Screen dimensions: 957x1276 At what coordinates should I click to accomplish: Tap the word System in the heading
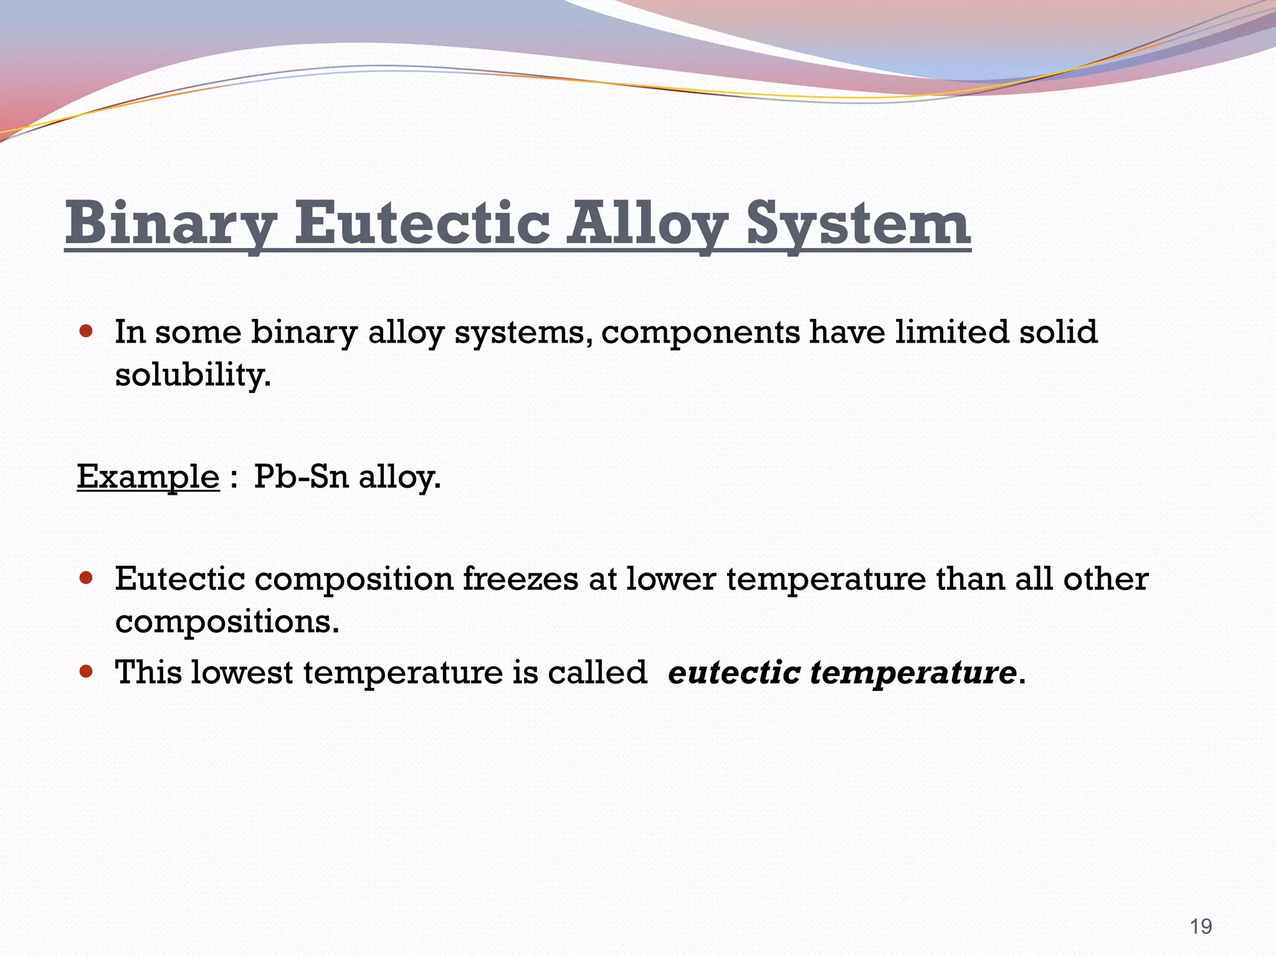pos(858,223)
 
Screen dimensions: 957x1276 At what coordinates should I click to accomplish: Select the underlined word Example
pos(148,477)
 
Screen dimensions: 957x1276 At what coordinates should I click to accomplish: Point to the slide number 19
pos(1201,926)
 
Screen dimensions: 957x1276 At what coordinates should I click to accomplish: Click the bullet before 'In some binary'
pos(87,330)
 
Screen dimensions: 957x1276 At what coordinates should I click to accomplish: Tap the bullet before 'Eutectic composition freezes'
pos(87,578)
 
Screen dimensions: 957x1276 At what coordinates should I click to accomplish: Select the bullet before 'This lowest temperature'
pos(87,671)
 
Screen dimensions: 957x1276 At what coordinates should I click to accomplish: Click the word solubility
pos(193,374)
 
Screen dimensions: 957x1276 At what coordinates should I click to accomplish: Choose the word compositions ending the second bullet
pos(227,621)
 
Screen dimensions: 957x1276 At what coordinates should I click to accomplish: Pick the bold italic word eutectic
pos(734,672)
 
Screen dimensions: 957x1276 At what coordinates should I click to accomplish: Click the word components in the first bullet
pos(700,332)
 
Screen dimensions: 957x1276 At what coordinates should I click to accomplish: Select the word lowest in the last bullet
pos(241,672)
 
